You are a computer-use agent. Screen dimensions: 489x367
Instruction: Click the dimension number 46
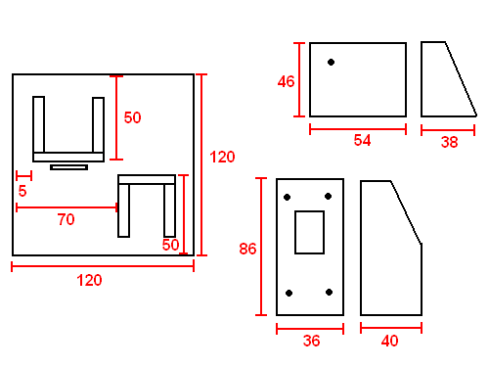click(286, 81)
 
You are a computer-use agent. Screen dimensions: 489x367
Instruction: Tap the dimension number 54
click(362, 140)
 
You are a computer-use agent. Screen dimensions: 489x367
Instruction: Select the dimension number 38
click(450, 142)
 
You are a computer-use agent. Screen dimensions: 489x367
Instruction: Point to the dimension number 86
click(247, 249)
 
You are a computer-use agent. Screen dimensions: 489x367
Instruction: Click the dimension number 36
click(311, 341)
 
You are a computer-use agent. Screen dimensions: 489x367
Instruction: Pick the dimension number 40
click(389, 341)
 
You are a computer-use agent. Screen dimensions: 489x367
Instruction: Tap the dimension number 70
click(67, 219)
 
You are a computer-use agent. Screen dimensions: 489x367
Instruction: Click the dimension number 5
click(22, 191)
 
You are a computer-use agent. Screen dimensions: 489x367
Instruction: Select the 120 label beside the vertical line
click(222, 158)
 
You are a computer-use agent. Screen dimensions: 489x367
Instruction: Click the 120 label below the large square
click(89, 281)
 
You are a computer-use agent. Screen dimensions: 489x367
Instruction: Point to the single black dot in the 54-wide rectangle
click(331, 62)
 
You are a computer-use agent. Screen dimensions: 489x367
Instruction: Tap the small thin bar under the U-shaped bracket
click(68, 167)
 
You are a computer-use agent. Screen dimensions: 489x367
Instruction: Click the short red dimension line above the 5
click(23, 176)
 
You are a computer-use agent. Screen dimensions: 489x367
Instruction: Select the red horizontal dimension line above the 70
click(67, 207)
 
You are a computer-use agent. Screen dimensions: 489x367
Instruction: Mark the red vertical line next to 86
click(261, 247)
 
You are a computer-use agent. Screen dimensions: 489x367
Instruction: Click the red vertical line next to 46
click(299, 79)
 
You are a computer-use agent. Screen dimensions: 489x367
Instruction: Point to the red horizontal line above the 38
click(448, 130)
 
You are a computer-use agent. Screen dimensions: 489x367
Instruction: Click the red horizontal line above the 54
click(358, 129)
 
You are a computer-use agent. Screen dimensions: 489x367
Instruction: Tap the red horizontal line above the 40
click(391, 328)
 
